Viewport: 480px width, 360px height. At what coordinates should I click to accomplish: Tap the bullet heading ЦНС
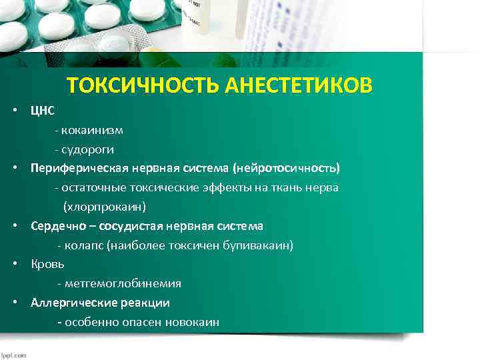(x=43, y=110)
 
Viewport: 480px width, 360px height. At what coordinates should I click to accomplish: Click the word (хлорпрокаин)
(x=105, y=207)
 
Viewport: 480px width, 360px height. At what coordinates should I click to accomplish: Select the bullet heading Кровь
(x=47, y=264)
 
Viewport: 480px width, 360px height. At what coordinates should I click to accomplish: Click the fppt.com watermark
(x=13, y=355)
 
